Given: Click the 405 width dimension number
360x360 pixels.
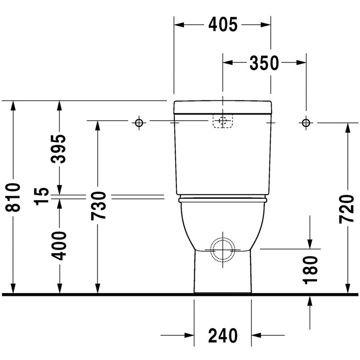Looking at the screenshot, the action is pos(223,25).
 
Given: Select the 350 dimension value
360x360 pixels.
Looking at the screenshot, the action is pos(264,63).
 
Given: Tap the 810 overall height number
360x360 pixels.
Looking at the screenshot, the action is pos(13,197).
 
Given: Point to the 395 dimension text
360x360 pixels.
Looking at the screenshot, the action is pos(58,149).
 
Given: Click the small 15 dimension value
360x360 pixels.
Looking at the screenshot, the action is pos(42,196).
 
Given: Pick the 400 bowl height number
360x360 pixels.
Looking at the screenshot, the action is pos(58,246).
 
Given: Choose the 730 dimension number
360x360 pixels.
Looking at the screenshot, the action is pos(98,206).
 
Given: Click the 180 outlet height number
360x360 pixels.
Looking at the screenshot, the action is pos(310,270).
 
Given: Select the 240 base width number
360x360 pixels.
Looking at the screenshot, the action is pos(223,335).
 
